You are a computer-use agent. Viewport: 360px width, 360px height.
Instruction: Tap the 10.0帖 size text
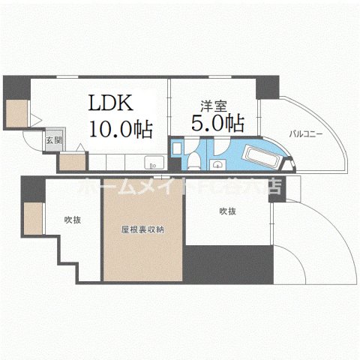pyautogui.click(x=121, y=128)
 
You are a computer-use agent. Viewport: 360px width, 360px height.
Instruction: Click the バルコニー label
pyautogui.click(x=307, y=134)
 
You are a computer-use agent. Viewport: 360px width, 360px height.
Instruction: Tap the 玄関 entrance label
pyautogui.click(x=50, y=140)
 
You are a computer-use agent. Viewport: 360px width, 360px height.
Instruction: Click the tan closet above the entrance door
pyautogui.click(x=18, y=114)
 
